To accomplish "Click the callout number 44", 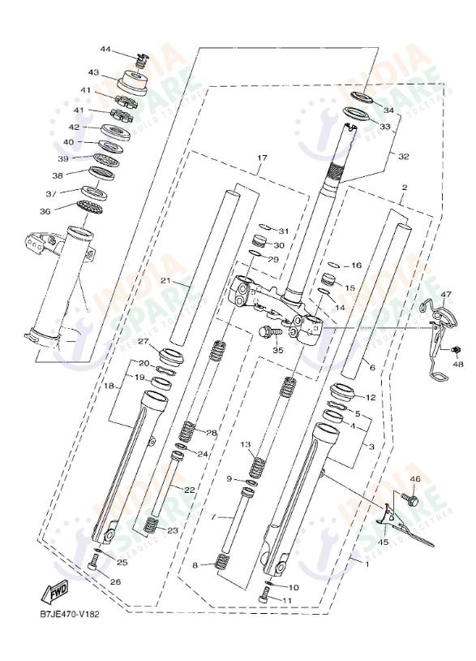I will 105,50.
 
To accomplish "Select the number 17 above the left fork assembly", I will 262,158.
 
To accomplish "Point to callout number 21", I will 165,281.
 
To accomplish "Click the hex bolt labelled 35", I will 268,332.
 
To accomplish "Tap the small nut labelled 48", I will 456,349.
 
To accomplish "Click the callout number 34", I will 388,110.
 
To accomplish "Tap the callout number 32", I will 404,155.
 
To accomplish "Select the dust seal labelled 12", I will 344,395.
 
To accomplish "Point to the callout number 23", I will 172,530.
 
